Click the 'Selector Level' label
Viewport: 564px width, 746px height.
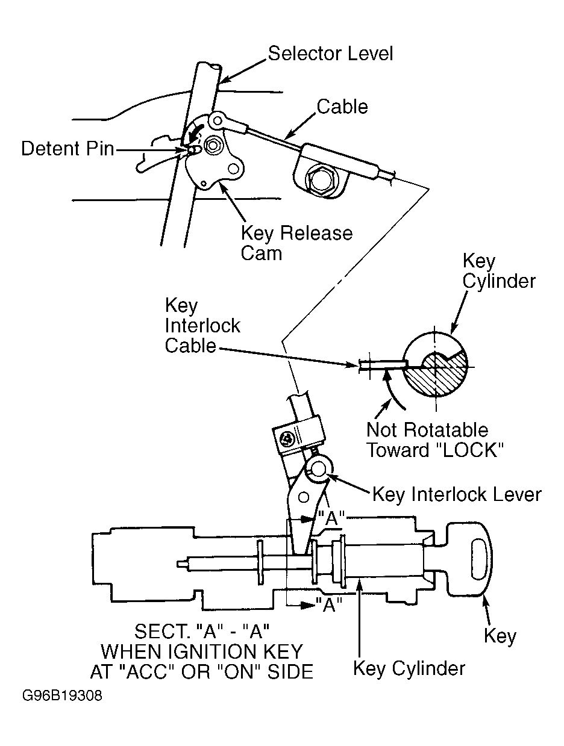pyautogui.click(x=330, y=54)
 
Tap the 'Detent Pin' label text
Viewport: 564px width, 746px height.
pyautogui.click(x=67, y=149)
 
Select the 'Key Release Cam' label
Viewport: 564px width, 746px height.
pyautogui.click(x=296, y=243)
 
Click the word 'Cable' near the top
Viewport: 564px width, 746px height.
pyautogui.click(x=342, y=107)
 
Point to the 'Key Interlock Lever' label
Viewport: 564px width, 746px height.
pyautogui.click(x=457, y=494)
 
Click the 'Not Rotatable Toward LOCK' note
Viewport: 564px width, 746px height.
pyautogui.click(x=434, y=440)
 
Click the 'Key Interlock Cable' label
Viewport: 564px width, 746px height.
pyautogui.click(x=202, y=326)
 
